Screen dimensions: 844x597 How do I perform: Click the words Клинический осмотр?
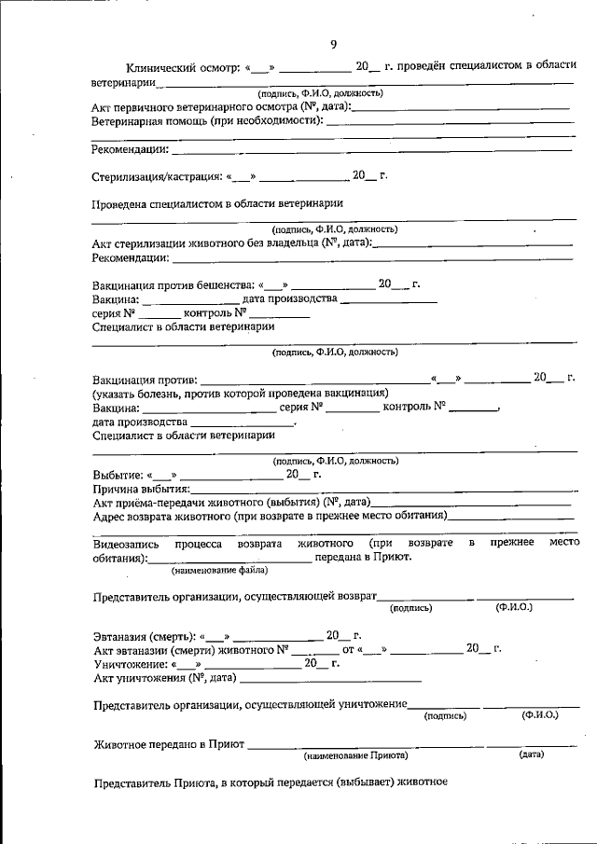pyautogui.click(x=183, y=68)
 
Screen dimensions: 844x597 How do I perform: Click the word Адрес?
pyautogui.click(x=110, y=515)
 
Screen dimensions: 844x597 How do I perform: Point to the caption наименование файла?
pyautogui.click(x=220, y=570)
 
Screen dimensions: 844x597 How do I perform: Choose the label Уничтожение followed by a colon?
pyautogui.click(x=131, y=663)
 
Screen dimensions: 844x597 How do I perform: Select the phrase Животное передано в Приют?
pyautogui.click(x=168, y=744)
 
